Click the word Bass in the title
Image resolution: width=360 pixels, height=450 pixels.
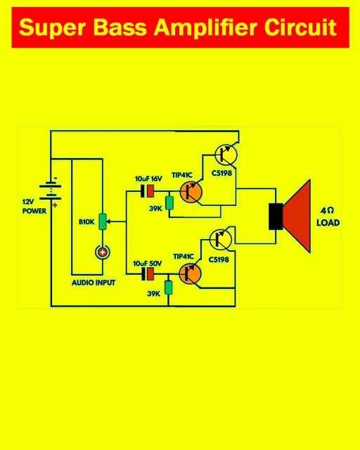pyautogui.click(x=120, y=27)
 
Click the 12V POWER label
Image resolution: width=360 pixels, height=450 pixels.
pyautogui.click(x=34, y=206)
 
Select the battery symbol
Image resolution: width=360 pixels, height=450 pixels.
pyautogui.click(x=50, y=192)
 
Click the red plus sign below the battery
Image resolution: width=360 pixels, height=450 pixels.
pyautogui.click(x=55, y=205)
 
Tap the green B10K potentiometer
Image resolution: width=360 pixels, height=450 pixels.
pyautogui.click(x=103, y=221)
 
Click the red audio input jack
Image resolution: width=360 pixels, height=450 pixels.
pyautogui.click(x=102, y=252)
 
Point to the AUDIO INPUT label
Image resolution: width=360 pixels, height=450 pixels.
pyautogui.click(x=94, y=283)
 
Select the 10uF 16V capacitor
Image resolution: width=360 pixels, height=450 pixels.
pyautogui.click(x=147, y=191)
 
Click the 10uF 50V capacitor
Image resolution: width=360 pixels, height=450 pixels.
pyautogui.click(x=148, y=274)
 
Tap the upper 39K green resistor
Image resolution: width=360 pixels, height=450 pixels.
pyautogui.click(x=169, y=203)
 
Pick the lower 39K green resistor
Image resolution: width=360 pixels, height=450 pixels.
pyautogui.click(x=168, y=288)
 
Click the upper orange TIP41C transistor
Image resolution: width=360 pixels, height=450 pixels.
pyautogui.click(x=191, y=192)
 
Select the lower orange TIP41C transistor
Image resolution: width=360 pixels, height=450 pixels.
pyautogui.click(x=190, y=274)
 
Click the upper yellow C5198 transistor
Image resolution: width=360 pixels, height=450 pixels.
pyautogui.click(x=226, y=155)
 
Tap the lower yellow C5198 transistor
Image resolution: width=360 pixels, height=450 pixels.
pyautogui.click(x=221, y=239)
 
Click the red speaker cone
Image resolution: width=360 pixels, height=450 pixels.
pyautogui.click(x=297, y=216)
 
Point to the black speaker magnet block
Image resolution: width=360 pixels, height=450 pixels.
pyautogui.click(x=276, y=217)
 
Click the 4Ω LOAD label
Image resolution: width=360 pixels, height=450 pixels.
pyautogui.click(x=328, y=217)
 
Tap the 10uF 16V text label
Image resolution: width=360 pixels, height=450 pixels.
pyautogui.click(x=148, y=179)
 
